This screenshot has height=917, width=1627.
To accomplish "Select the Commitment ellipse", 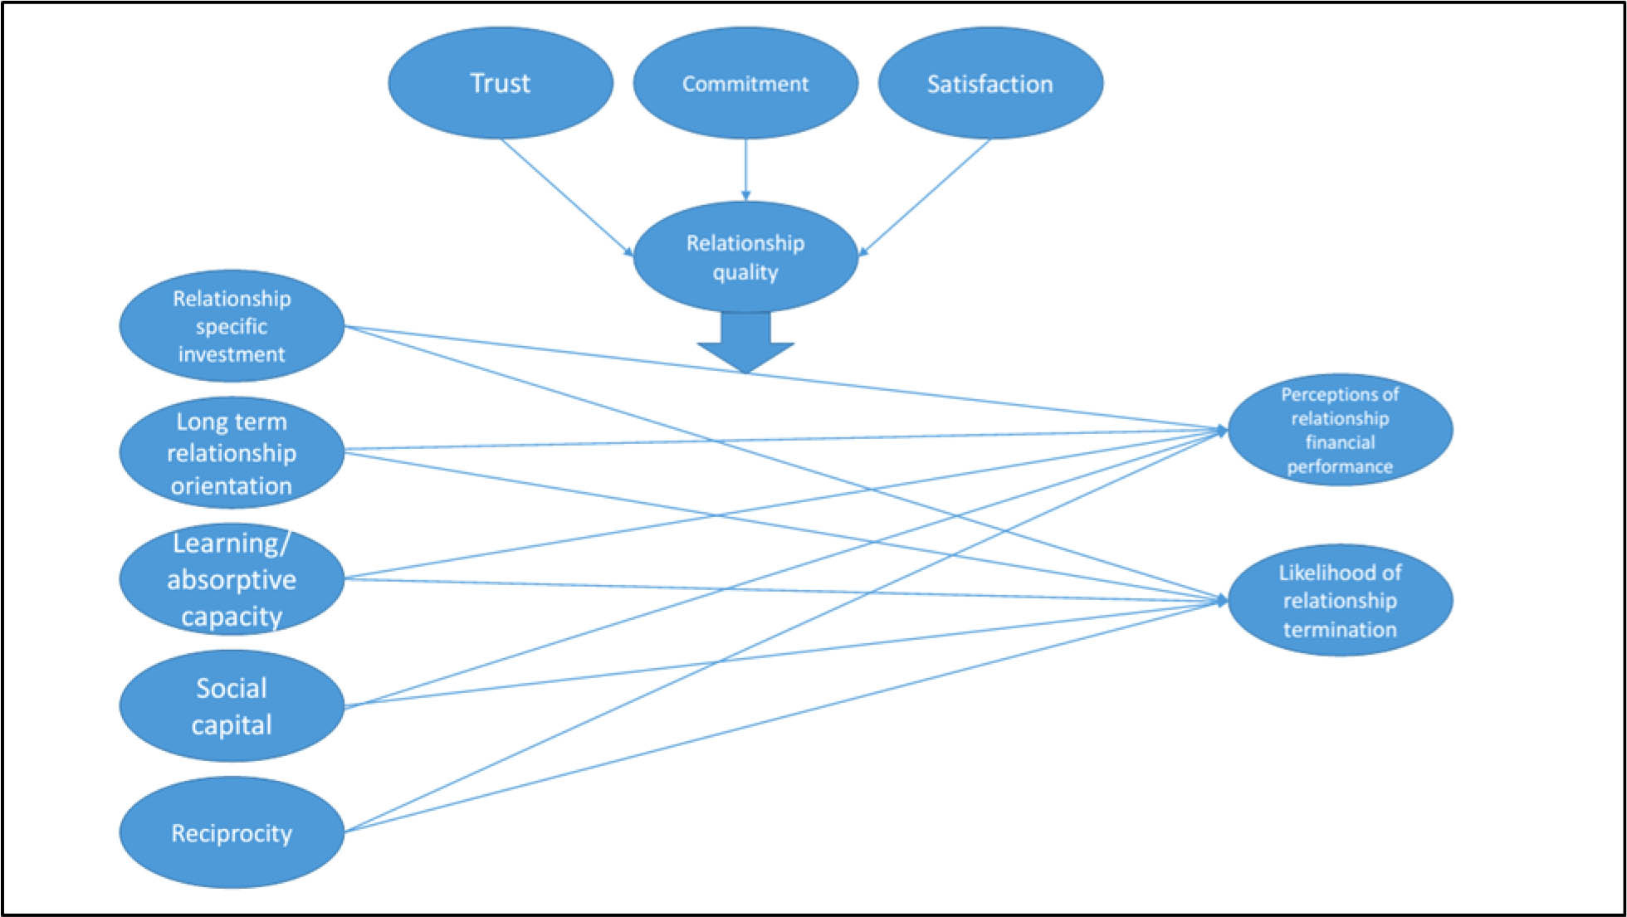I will (x=745, y=112).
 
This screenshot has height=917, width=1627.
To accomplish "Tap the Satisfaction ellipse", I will (x=990, y=112).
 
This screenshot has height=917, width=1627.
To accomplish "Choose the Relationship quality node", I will (x=745, y=257).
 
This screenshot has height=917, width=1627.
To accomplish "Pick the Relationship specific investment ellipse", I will (x=232, y=326).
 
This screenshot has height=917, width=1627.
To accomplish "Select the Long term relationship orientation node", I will (x=232, y=453).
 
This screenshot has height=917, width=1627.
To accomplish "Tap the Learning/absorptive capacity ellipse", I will (x=232, y=579).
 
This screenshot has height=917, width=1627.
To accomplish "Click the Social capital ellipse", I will (x=232, y=706).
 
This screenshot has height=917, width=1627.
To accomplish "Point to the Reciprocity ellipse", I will (x=232, y=832).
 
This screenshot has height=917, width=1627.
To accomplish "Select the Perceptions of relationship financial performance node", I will (x=1340, y=430).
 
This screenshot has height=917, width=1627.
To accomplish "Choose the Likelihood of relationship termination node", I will (x=1340, y=600).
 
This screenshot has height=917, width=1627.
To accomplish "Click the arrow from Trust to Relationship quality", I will (x=567, y=197).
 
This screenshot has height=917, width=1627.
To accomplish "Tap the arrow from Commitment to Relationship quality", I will (x=745, y=170).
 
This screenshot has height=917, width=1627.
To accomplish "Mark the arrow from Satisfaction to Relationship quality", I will (x=924, y=197).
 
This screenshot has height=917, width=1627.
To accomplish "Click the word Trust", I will (x=501, y=83).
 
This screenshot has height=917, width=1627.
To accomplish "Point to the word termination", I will (x=1340, y=629).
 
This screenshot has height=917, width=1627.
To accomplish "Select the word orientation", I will (x=232, y=485).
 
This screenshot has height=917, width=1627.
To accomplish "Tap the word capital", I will (x=232, y=724).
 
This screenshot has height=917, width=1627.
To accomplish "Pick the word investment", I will (x=232, y=354).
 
